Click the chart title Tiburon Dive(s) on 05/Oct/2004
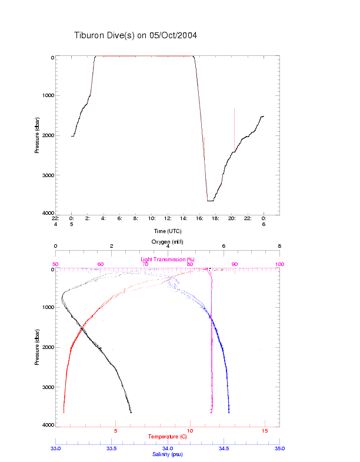[x=135, y=35]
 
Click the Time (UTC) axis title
[x=168, y=231]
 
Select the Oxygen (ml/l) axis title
[x=168, y=242]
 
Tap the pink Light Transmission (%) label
[x=167, y=259]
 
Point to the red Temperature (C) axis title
[x=167, y=436]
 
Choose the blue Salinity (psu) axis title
[x=167, y=454]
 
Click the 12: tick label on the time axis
[x=168, y=218]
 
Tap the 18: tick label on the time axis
[x=216, y=218]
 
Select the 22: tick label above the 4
[x=56, y=218]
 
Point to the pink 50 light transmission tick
[x=55, y=264]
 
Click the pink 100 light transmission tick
[x=279, y=264]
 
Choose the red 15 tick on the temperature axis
[x=264, y=431]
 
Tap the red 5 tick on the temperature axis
[x=115, y=431]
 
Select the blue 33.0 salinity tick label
[x=55, y=448]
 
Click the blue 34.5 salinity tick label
[x=224, y=448]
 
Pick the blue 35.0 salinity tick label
[x=279, y=448]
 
